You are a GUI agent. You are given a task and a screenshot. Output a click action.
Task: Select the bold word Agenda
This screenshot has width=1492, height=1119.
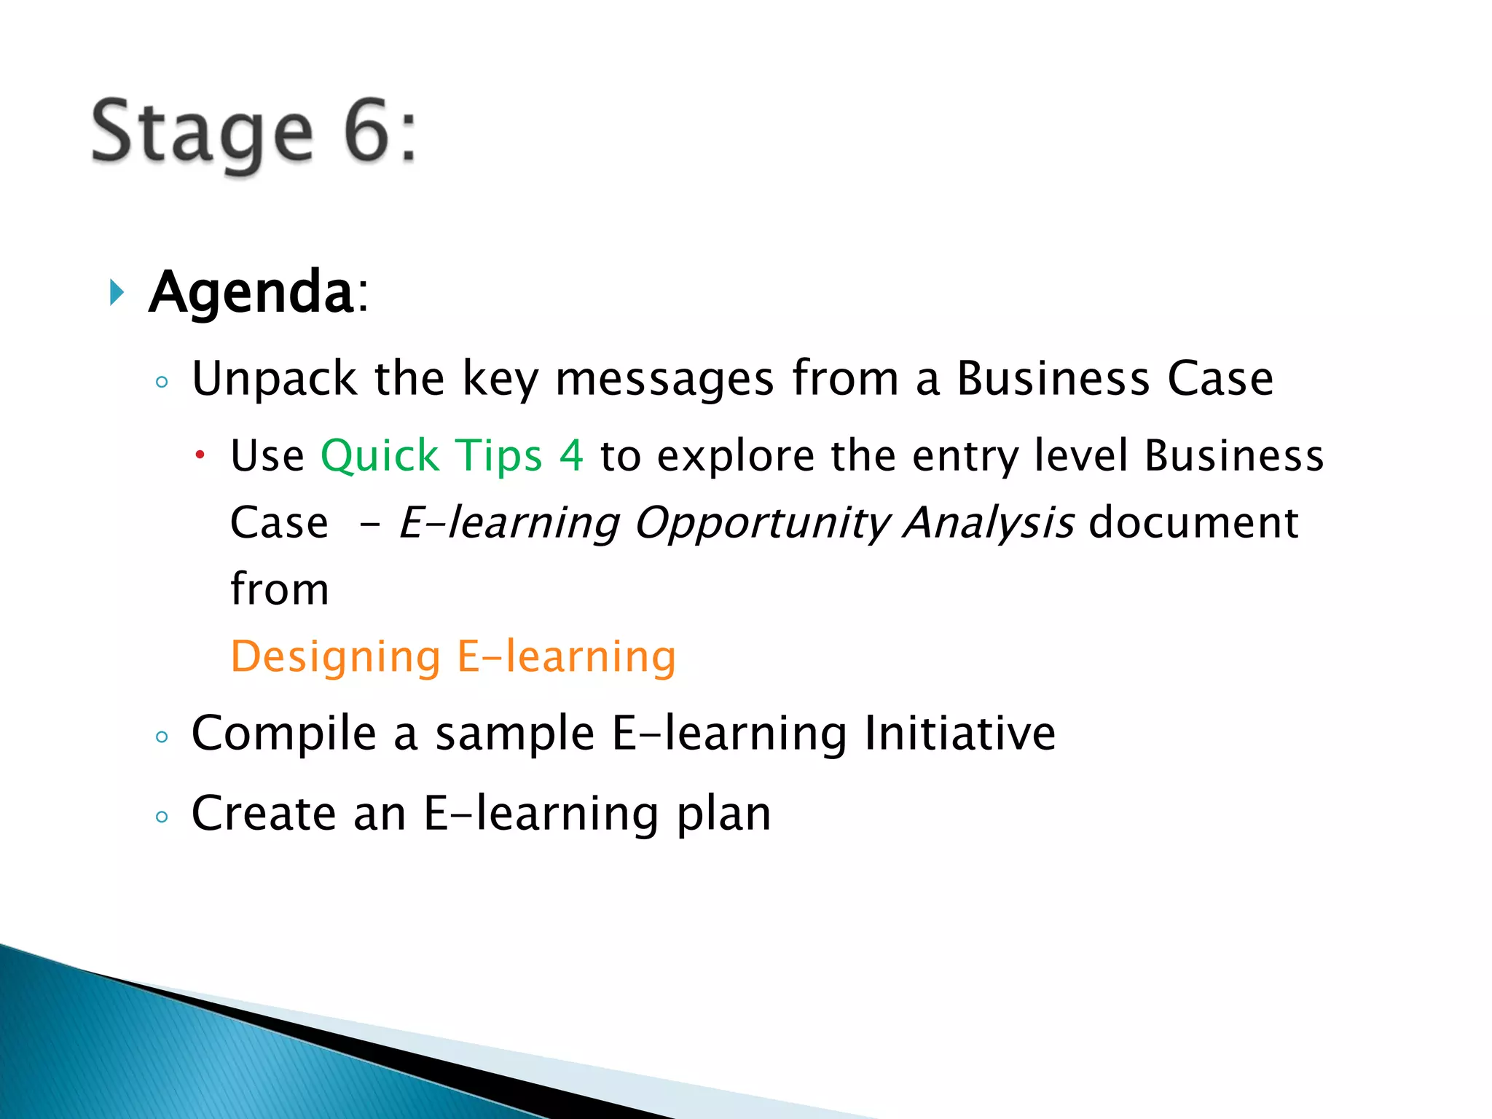[x=251, y=292]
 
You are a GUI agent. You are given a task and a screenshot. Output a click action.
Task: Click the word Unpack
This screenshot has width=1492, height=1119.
[x=274, y=380]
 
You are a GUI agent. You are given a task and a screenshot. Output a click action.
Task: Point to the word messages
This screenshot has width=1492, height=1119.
[x=664, y=380]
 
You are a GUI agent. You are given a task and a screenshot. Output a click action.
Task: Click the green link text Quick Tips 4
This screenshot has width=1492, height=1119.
[x=452, y=456]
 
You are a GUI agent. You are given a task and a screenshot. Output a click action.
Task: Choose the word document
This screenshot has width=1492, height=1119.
[x=1193, y=522]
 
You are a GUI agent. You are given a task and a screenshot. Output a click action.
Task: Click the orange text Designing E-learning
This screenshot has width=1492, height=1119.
[x=453, y=656]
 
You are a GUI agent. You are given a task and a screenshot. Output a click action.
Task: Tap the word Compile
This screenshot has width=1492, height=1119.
[x=283, y=734]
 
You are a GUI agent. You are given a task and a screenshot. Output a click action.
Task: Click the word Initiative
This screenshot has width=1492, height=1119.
[x=959, y=733]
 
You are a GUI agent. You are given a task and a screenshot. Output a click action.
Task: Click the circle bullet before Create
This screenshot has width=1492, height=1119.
[x=162, y=817]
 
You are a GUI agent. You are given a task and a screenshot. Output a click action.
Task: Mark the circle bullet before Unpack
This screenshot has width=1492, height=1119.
[x=162, y=382]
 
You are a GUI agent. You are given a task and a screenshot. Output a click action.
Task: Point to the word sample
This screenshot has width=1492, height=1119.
[x=514, y=734]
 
